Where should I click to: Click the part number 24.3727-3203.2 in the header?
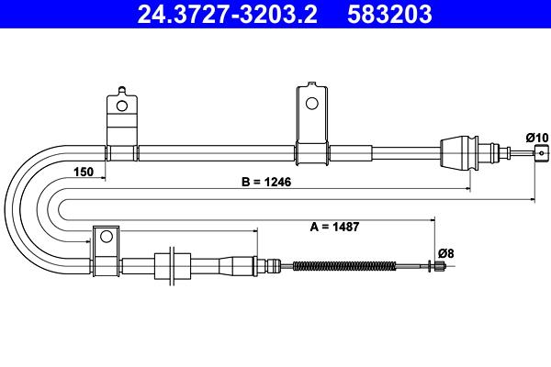(228, 14)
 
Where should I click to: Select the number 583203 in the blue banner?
(389, 14)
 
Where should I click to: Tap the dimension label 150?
(84, 172)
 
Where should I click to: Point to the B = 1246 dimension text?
(266, 182)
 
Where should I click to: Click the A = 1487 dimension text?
(334, 227)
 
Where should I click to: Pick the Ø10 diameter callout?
(537, 138)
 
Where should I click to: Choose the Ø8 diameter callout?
(446, 253)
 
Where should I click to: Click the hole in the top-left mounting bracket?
(122, 106)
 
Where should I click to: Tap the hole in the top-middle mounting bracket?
(311, 104)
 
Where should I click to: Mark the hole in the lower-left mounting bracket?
(107, 237)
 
